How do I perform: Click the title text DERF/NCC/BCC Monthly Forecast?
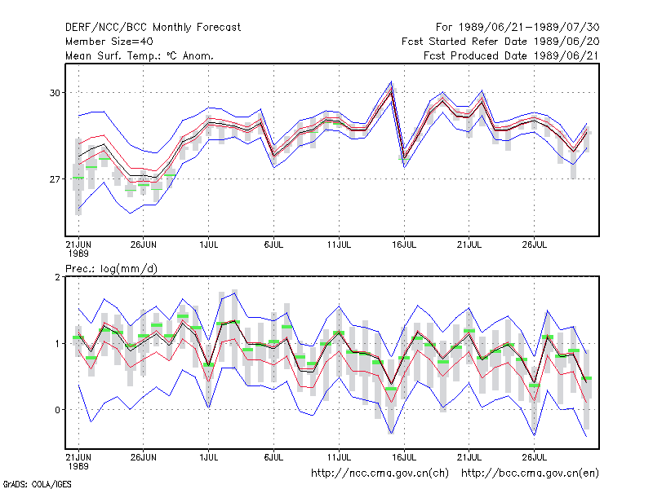coord(153,28)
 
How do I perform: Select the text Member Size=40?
coord(109,42)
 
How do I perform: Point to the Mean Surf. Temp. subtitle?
coord(140,55)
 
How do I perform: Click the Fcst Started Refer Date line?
coord(500,42)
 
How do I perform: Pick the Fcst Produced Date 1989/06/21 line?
coord(511,55)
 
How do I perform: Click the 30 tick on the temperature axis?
coord(55,93)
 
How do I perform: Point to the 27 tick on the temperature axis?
coord(55,179)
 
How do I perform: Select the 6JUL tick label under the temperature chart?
coord(273,244)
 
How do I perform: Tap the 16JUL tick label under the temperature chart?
coord(404,244)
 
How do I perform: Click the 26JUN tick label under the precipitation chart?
coord(144,457)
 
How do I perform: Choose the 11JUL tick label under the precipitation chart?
coord(339,457)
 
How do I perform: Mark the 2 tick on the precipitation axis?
coord(57,277)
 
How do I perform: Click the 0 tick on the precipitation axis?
coord(57,410)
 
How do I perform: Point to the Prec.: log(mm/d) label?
coord(111,269)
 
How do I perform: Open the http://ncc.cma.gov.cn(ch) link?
coord(380,474)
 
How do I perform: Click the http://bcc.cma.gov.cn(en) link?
coord(530,474)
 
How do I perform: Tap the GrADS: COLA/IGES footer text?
coord(37,484)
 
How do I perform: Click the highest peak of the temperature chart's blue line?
coord(391,81)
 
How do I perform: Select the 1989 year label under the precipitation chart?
coord(78,466)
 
